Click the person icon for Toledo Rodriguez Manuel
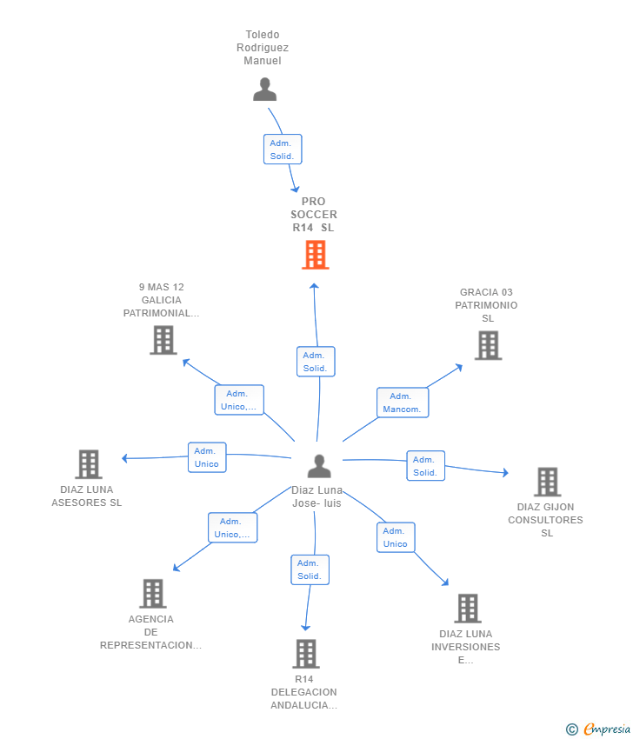[264, 90]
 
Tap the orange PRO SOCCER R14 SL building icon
[316, 255]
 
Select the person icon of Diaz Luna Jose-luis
[319, 466]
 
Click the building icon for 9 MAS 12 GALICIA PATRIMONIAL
[163, 340]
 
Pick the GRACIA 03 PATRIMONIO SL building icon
[488, 345]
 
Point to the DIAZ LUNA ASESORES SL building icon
[88, 464]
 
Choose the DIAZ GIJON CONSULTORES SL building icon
[547, 482]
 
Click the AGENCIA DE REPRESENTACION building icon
[152, 593]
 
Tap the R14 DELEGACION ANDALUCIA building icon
[305, 653]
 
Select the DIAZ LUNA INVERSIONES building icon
[467, 609]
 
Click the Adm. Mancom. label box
[402, 403]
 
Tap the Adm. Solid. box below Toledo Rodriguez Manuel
[282, 150]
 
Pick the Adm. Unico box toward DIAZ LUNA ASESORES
[207, 457]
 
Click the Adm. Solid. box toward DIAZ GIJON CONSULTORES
[425, 466]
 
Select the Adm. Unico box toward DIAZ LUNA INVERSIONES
[396, 537]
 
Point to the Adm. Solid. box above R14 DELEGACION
[310, 569]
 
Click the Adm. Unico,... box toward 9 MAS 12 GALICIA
[239, 400]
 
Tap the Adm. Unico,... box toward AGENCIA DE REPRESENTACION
[232, 528]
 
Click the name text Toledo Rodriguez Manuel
[263, 48]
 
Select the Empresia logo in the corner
[599, 729]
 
